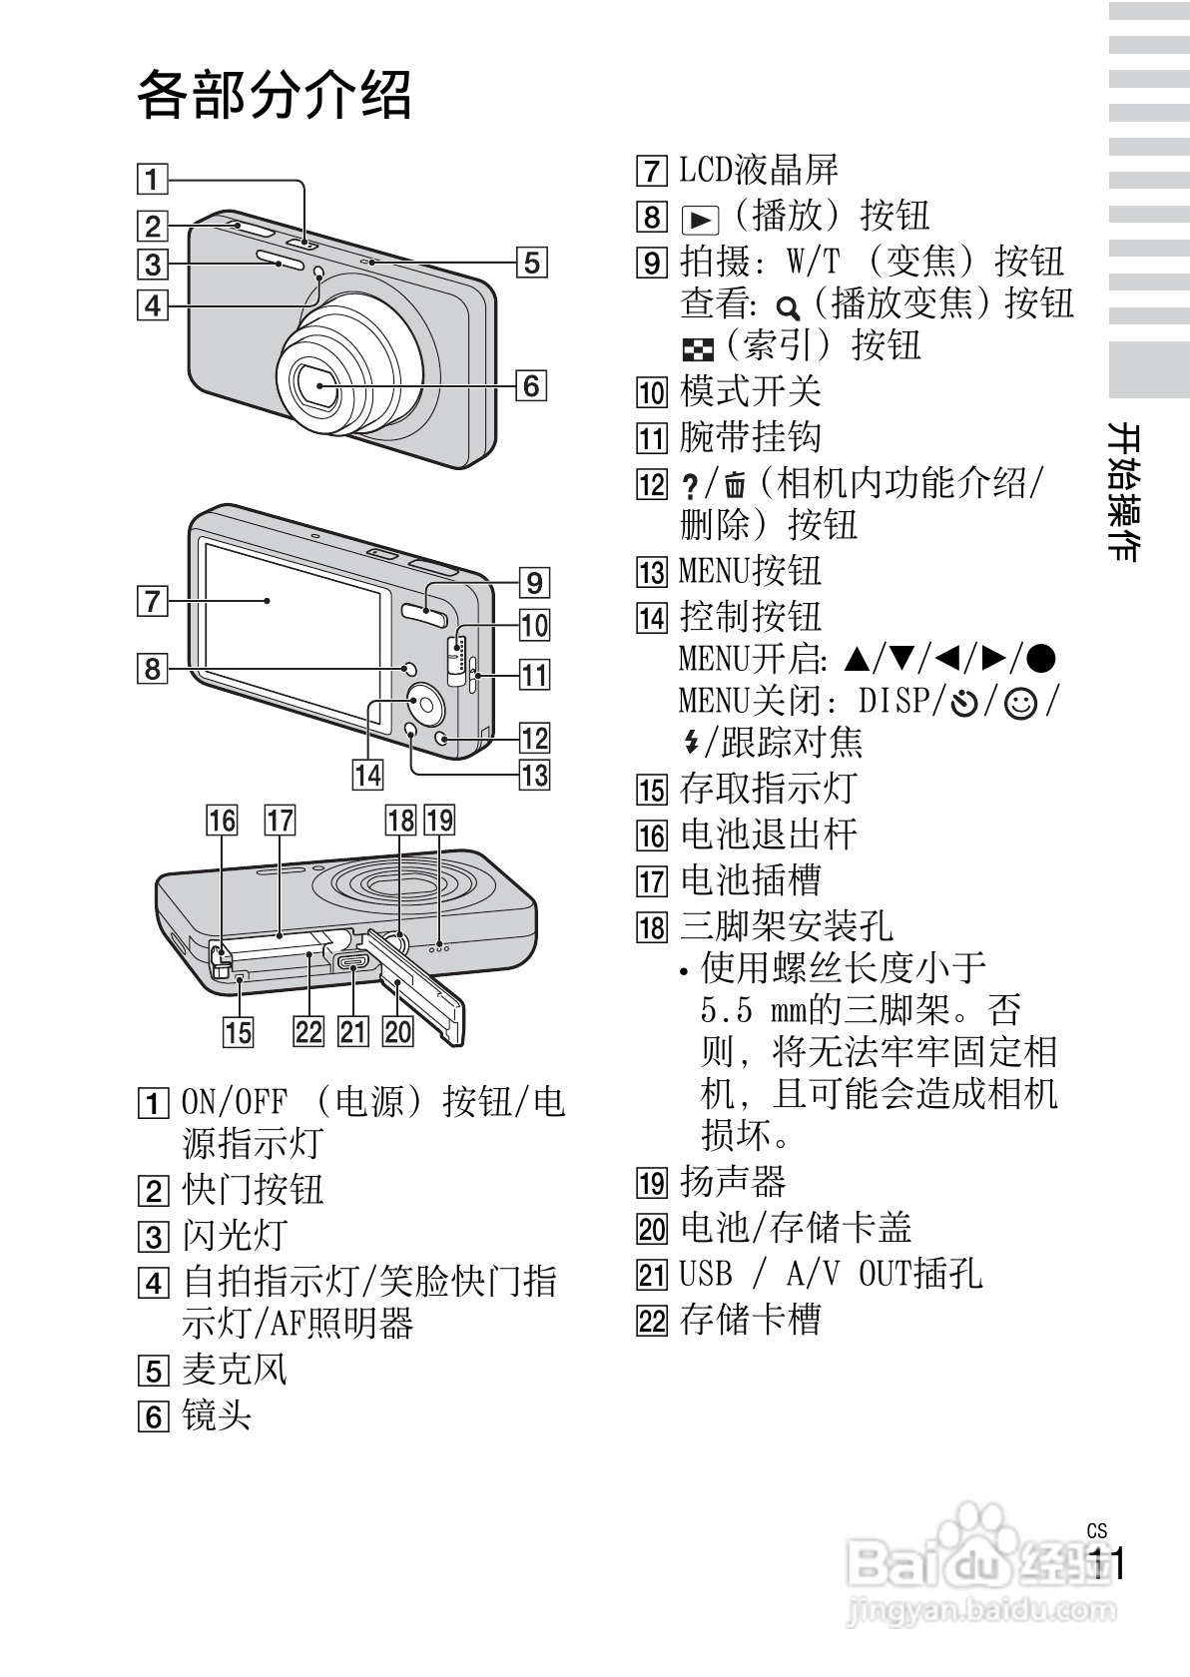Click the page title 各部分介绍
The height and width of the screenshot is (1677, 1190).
(x=274, y=96)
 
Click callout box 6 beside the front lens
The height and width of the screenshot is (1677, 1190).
(x=531, y=384)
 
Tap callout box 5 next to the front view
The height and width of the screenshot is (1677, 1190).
(x=531, y=263)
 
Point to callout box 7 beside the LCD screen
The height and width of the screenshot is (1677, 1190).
(x=152, y=601)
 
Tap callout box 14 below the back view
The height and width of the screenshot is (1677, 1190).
(x=367, y=774)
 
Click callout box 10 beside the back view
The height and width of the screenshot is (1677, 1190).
(x=534, y=626)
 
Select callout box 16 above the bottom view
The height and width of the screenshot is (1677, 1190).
(x=222, y=821)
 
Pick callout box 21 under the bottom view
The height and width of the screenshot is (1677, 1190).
(x=353, y=1030)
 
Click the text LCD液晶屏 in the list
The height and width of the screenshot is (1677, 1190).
(x=759, y=170)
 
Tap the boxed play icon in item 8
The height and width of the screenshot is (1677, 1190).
(x=700, y=218)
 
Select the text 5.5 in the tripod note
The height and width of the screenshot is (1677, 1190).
(x=726, y=1010)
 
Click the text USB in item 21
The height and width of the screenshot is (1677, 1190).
(x=705, y=1275)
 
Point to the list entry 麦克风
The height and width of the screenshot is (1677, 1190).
(x=235, y=1370)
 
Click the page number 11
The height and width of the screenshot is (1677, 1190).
(x=1106, y=1564)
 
